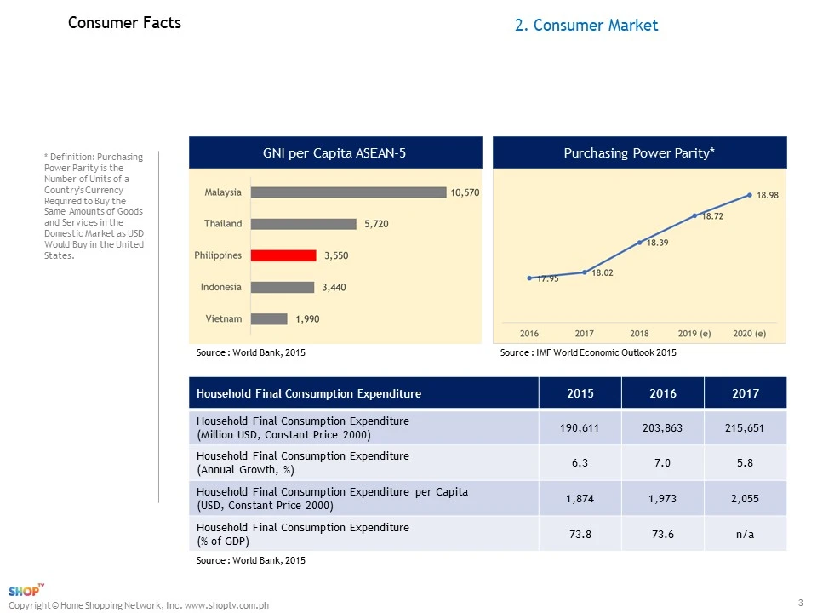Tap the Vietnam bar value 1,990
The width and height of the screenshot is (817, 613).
pyautogui.click(x=307, y=319)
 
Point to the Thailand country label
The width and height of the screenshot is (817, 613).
pyautogui.click(x=222, y=224)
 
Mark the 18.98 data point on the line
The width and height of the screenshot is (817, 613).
pyautogui.click(x=750, y=195)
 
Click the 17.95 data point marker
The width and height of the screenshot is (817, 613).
pyautogui.click(x=529, y=278)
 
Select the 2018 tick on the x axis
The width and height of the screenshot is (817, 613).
pyautogui.click(x=639, y=333)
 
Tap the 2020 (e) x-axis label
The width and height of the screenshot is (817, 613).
pyautogui.click(x=750, y=333)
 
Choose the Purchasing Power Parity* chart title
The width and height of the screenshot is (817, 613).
pyautogui.click(x=639, y=153)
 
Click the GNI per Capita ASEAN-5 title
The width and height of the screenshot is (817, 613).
pyautogui.click(x=334, y=153)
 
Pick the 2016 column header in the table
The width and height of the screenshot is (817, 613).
pyautogui.click(x=663, y=393)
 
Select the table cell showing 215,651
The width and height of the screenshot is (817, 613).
pyautogui.click(x=746, y=428)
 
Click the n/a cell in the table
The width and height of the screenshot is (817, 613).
pyautogui.click(x=746, y=534)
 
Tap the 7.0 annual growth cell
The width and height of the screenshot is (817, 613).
pyautogui.click(x=663, y=463)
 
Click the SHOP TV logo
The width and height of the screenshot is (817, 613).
pyautogui.click(x=26, y=591)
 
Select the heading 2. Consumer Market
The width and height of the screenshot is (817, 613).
pyautogui.click(x=586, y=26)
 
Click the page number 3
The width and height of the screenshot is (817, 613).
pyautogui.click(x=801, y=604)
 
